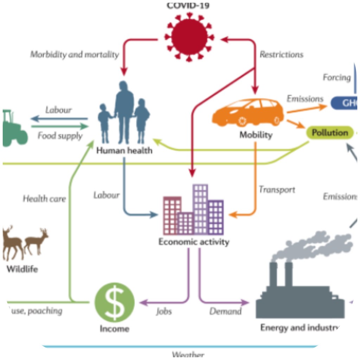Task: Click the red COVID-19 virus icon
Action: click(x=189, y=36)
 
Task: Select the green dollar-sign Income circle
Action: click(x=115, y=302)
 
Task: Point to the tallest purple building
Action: click(x=200, y=209)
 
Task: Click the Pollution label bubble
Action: click(x=330, y=133)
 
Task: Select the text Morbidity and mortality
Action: click(x=75, y=54)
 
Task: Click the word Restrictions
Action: click(x=281, y=54)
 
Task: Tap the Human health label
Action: click(x=124, y=150)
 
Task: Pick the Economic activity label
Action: click(x=194, y=242)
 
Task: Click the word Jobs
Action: click(x=164, y=311)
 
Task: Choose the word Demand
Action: click(x=225, y=311)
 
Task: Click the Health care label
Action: click(x=44, y=199)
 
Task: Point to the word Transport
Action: click(x=277, y=189)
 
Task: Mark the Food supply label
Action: click(x=60, y=136)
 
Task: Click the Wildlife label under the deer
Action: click(x=22, y=270)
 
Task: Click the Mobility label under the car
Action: click(x=256, y=135)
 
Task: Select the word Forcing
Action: click(x=337, y=77)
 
